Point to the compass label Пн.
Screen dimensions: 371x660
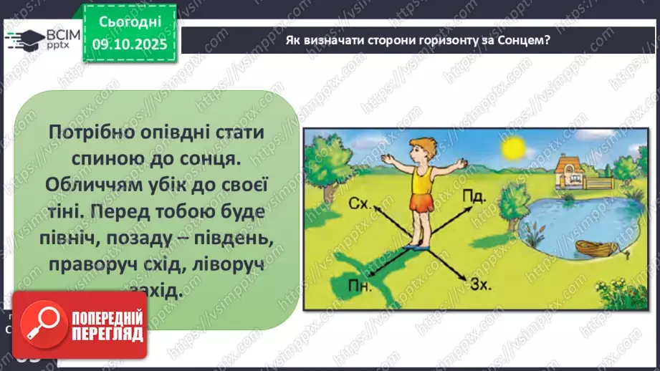(x=360, y=288)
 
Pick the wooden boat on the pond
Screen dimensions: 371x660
(x=596, y=249)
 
